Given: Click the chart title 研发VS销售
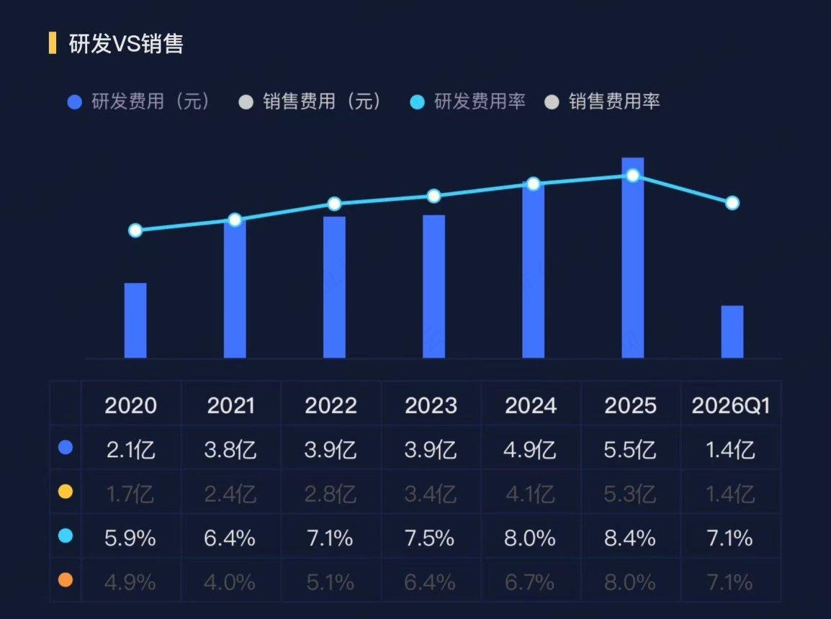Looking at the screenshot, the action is (x=126, y=43).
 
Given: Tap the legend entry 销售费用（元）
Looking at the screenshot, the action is (x=310, y=101).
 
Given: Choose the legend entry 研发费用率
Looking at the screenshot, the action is (x=469, y=101).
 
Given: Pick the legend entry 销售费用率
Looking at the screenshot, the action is (x=603, y=101).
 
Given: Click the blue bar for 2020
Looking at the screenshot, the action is (x=135, y=320).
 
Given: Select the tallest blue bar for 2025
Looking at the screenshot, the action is (x=633, y=258).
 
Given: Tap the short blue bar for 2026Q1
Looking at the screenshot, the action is (x=732, y=332).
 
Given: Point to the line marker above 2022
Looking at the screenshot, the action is (x=334, y=204).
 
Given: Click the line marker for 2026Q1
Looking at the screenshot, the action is (x=732, y=203).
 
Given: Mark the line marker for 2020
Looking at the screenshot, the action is (x=135, y=230).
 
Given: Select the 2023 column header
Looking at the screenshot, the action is (x=431, y=406).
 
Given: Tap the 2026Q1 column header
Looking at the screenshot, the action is (x=730, y=406).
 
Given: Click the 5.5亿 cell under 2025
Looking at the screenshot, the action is (x=630, y=450).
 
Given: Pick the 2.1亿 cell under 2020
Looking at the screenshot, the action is (x=130, y=450).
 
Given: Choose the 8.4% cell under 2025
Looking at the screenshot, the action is (x=630, y=538).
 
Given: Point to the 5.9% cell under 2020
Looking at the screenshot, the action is (x=130, y=538).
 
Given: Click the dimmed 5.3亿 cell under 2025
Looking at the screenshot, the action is (x=630, y=494).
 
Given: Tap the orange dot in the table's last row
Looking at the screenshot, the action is (x=66, y=580).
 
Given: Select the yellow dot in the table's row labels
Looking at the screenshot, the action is (x=66, y=492).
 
